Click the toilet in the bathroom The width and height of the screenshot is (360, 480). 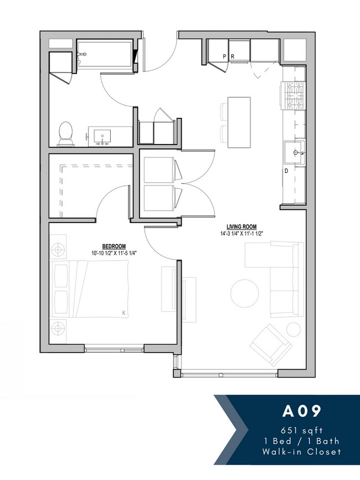(x=65, y=133)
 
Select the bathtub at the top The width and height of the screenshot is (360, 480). (x=105, y=55)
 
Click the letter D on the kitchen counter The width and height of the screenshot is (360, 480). (x=286, y=172)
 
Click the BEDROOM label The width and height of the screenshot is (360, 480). (x=114, y=246)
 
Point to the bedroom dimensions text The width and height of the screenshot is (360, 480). (x=114, y=254)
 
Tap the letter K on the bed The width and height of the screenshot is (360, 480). (x=124, y=313)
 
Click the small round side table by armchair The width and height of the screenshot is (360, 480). (x=293, y=331)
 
